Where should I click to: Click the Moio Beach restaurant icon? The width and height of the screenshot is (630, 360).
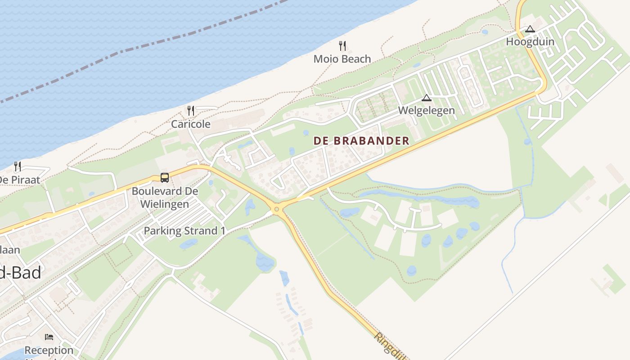(342, 45)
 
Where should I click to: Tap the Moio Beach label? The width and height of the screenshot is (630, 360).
(342, 59)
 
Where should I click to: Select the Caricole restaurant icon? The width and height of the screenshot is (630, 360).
(191, 111)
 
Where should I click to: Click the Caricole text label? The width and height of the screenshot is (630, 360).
(190, 124)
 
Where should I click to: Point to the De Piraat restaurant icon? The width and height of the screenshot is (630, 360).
(18, 166)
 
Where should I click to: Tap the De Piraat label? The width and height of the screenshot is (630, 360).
(20, 180)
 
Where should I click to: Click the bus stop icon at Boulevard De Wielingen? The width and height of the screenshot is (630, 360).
(165, 178)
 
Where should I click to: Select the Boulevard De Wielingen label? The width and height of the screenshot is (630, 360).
(165, 198)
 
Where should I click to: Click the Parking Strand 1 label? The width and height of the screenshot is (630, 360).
(184, 231)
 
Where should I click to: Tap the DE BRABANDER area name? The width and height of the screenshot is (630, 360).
(361, 141)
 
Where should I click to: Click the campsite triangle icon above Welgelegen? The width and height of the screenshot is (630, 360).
(426, 98)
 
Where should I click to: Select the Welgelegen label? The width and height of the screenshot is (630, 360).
(426, 110)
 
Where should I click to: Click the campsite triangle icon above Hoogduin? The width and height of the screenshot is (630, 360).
(530, 29)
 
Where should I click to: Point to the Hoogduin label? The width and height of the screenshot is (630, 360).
(530, 42)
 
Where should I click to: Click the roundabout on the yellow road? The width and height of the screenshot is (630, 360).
(276, 208)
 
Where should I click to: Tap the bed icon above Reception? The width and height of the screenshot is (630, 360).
(49, 337)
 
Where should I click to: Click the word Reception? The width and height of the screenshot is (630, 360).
(49, 350)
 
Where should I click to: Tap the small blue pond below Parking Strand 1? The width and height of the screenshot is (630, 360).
(189, 243)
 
